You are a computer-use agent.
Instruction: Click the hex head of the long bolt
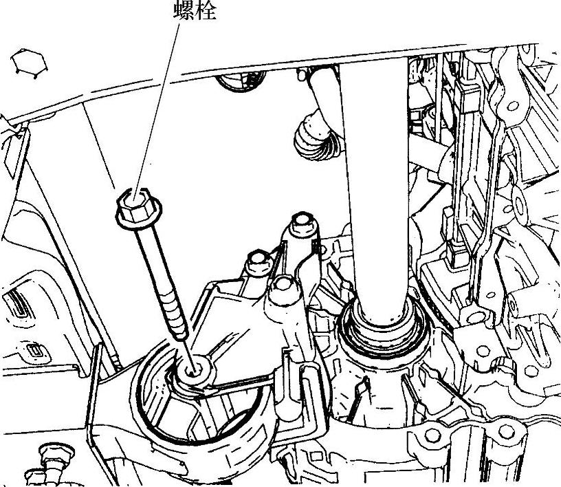pos(139,208)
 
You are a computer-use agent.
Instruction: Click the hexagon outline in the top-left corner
pos(29,62)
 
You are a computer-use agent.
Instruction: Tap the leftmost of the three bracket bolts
pos(259,263)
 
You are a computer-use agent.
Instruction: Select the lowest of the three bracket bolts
pos(285,288)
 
